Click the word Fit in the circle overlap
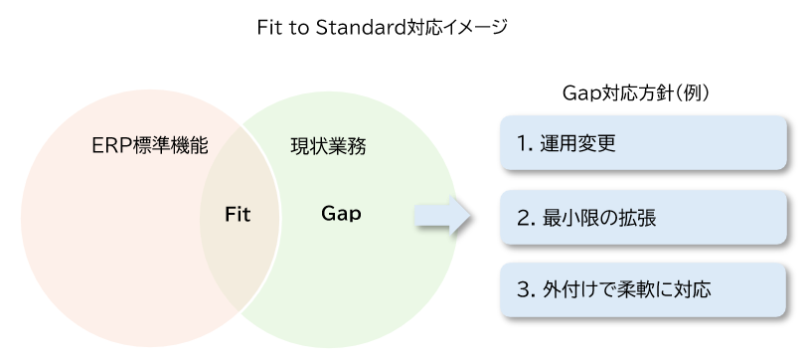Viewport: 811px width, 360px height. [237, 213]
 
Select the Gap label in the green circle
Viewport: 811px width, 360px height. [341, 213]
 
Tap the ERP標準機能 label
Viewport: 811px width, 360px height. [148, 146]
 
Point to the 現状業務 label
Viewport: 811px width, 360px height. [327, 146]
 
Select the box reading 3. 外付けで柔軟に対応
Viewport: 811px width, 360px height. [644, 289]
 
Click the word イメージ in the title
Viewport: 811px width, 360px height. [476, 28]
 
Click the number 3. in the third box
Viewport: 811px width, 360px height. [526, 289]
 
